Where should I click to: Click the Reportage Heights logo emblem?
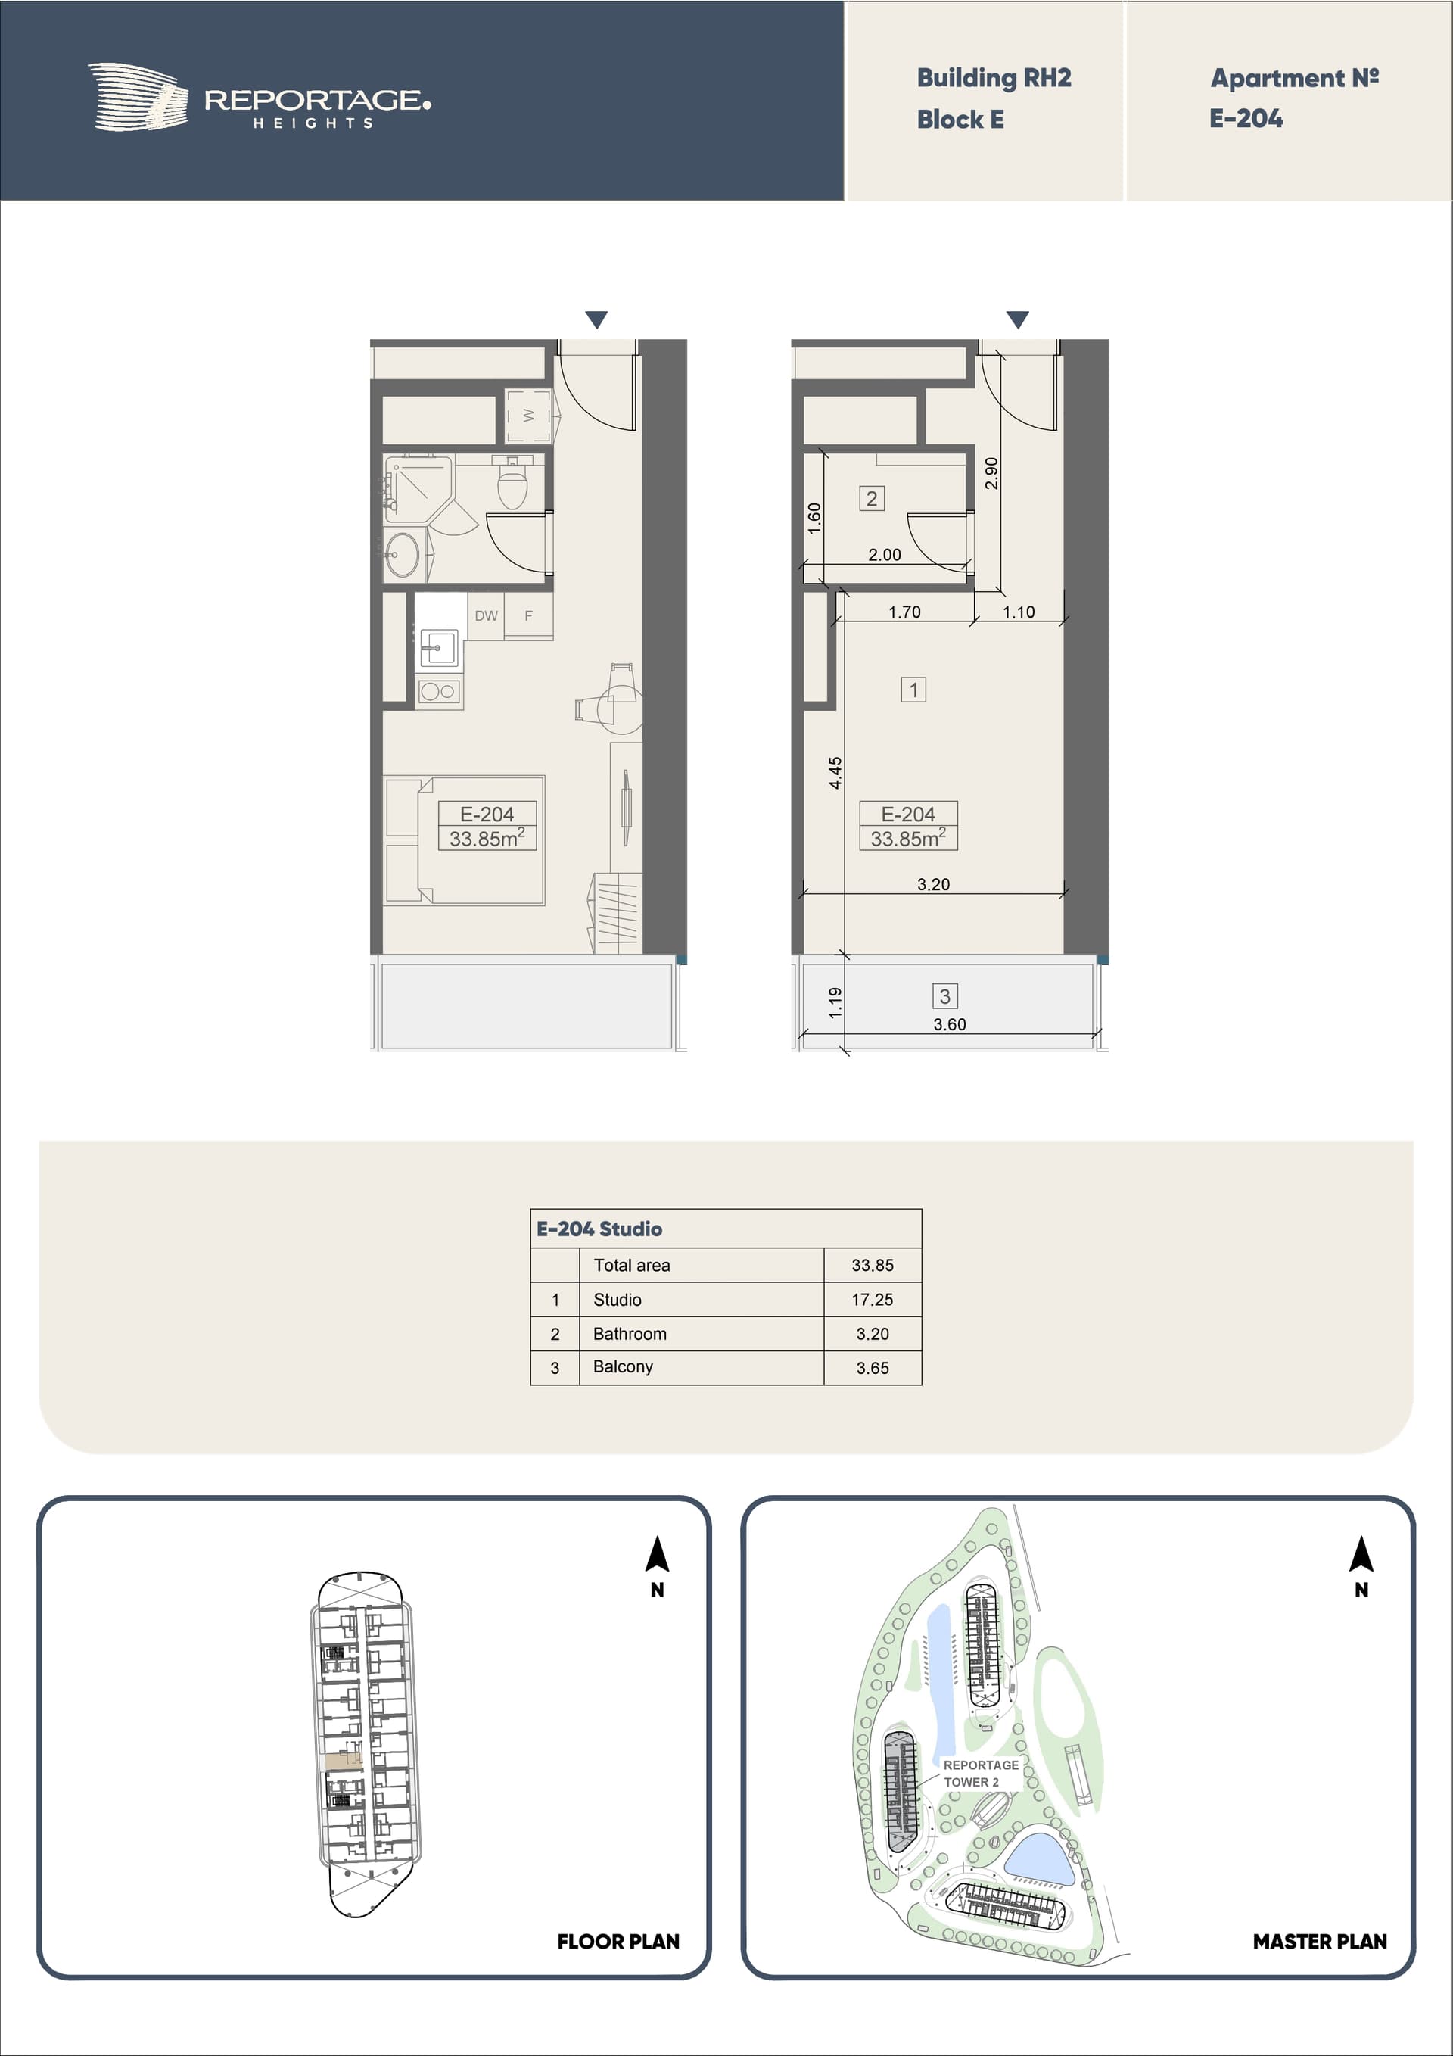coord(138,97)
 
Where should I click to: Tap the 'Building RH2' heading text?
coord(994,79)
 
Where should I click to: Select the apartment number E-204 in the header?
coord(1246,118)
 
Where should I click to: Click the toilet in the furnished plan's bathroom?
coord(513,484)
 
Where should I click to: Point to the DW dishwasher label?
coord(486,616)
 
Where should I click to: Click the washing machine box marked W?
coord(528,416)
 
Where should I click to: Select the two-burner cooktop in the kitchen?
coord(439,691)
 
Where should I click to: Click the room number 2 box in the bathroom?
coord(872,499)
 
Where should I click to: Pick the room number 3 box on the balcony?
coord(945,995)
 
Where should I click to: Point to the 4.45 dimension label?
coord(835,773)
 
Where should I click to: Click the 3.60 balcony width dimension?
coord(950,1024)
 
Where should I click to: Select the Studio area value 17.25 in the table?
coord(872,1299)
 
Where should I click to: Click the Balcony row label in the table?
coord(623,1366)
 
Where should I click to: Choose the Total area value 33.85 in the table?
coord(873,1265)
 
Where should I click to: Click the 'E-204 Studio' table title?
coord(600,1229)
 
